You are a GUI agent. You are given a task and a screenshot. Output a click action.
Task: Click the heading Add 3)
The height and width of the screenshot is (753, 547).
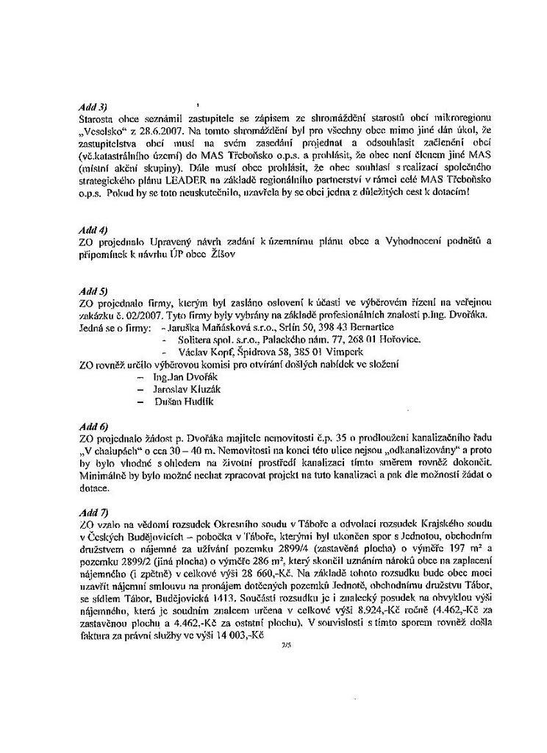(x=93, y=107)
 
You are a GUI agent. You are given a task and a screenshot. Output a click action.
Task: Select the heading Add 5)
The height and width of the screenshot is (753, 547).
(x=93, y=291)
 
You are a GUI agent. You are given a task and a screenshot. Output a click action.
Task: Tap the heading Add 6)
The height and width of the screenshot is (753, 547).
(x=93, y=426)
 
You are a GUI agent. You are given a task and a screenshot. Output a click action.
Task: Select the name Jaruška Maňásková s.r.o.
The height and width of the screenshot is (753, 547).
(x=218, y=326)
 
